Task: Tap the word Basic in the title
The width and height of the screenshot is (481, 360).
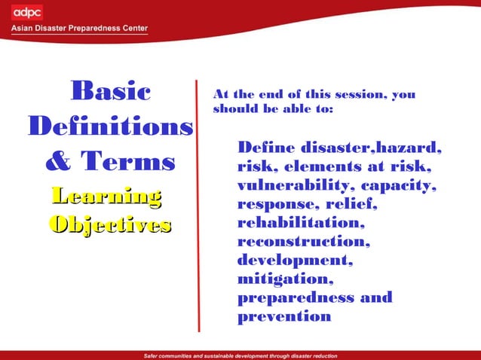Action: click(110, 92)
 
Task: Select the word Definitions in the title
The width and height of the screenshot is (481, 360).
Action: click(110, 126)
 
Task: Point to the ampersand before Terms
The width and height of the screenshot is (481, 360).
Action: click(60, 161)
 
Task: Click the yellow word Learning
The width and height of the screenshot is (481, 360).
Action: click(106, 197)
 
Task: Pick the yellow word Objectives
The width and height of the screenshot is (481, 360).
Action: click(110, 224)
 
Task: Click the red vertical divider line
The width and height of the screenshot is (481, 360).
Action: click(198, 203)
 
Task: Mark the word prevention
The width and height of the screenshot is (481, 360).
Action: click(284, 316)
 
